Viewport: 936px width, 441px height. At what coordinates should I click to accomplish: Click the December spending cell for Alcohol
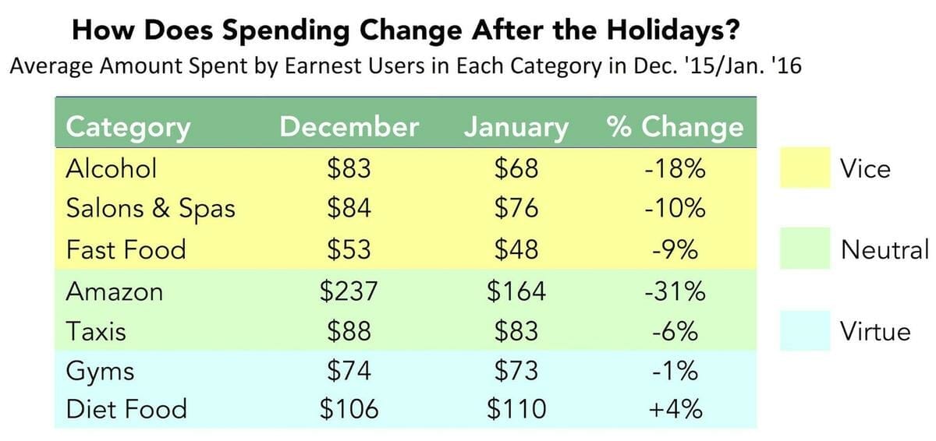coord(349,168)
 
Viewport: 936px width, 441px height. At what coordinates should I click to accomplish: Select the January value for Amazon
coord(516,291)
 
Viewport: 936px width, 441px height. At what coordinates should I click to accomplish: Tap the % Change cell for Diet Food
coord(675,408)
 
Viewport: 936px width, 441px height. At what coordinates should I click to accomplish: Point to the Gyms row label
coord(99,371)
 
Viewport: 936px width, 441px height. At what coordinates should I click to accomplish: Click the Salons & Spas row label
coord(150,210)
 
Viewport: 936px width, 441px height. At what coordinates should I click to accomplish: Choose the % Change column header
coord(675,127)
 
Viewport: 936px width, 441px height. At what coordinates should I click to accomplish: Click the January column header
coord(516,127)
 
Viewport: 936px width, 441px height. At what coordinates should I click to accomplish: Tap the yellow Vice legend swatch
coord(805,168)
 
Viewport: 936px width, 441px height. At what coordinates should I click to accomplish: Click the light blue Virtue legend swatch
coord(805,332)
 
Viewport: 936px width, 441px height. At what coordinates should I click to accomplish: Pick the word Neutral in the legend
coord(885,249)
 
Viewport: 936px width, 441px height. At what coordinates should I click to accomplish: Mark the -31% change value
coord(675,291)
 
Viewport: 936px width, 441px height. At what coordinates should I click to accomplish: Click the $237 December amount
coord(349,291)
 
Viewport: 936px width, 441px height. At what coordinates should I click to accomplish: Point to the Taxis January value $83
coord(516,332)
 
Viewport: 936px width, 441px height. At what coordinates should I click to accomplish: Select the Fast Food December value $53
coord(349,250)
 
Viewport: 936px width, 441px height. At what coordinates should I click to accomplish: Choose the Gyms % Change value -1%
coord(675,371)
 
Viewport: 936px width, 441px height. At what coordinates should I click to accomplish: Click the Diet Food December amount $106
coord(349,408)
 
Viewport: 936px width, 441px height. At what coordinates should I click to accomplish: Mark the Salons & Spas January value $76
coord(516,210)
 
